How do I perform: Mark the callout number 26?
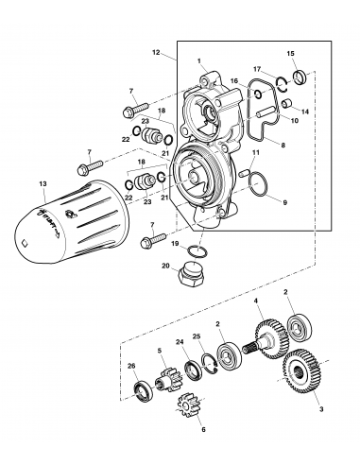[x=131, y=367]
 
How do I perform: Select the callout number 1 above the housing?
[x=199, y=60]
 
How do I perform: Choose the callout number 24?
[x=180, y=343]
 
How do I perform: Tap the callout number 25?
[x=197, y=336]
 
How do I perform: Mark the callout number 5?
[x=160, y=351]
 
